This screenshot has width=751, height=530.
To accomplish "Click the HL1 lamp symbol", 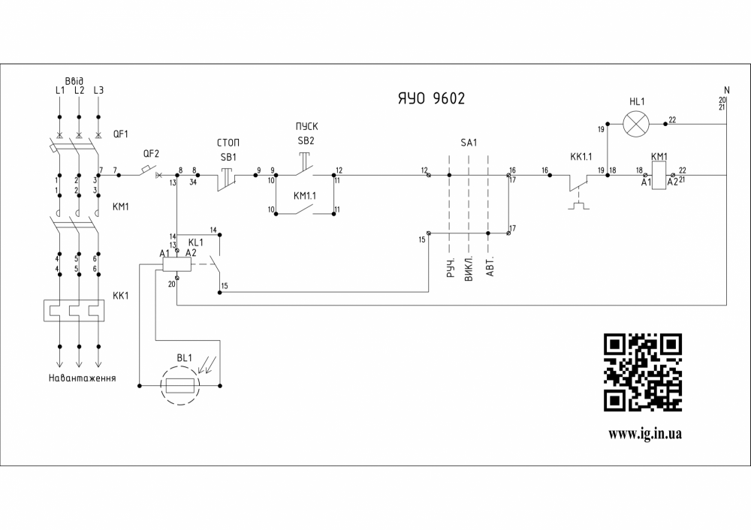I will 637,124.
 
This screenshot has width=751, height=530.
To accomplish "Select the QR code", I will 644,372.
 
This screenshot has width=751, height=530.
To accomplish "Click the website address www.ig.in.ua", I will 644,433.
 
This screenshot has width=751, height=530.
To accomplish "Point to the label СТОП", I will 228,142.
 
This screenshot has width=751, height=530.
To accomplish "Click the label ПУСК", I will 306,127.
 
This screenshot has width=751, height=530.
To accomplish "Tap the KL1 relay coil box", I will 179,263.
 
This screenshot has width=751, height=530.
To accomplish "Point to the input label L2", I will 79,91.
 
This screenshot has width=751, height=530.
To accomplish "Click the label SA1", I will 469,143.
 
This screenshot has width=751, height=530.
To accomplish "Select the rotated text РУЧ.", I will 451,270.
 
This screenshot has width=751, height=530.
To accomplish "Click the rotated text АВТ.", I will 490,270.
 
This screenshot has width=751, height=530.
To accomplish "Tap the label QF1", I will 120,134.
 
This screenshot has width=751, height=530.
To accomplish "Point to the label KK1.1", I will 581,157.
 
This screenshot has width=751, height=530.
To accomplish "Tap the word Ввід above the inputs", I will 74,80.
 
